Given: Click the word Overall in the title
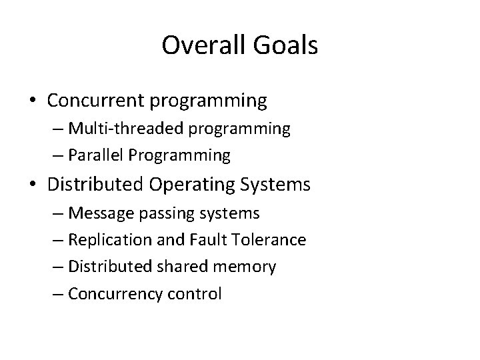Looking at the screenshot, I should tap(198, 46).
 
